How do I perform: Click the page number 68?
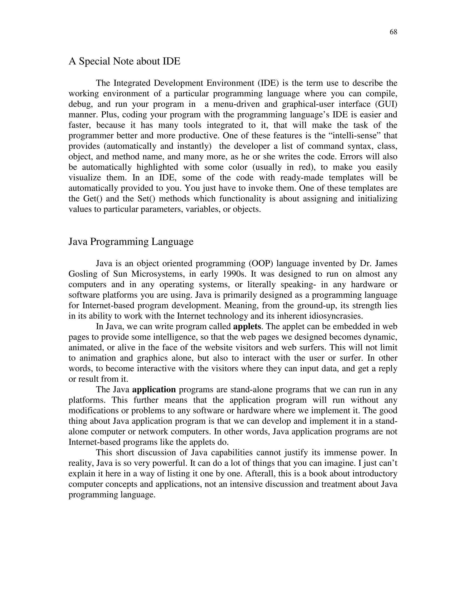(x=393, y=32)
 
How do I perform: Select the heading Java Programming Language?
(x=131, y=242)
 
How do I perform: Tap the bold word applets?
(x=247, y=327)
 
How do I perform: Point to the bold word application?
(x=154, y=390)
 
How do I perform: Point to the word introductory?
(x=374, y=474)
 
